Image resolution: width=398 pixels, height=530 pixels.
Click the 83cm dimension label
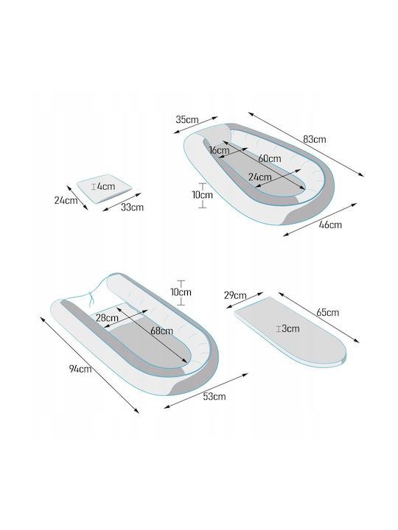(x=314, y=139)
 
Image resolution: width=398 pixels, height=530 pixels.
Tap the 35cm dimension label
(x=186, y=119)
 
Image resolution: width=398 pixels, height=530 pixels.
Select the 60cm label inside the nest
(x=270, y=158)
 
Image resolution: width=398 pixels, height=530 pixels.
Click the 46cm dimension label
(x=330, y=225)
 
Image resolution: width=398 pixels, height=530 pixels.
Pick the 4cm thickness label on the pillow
(x=103, y=186)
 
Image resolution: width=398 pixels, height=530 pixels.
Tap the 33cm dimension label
(x=132, y=207)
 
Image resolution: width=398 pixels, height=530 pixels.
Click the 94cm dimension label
(x=80, y=369)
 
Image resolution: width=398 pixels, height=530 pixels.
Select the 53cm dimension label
(x=214, y=396)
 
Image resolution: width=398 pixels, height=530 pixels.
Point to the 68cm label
(x=161, y=331)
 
